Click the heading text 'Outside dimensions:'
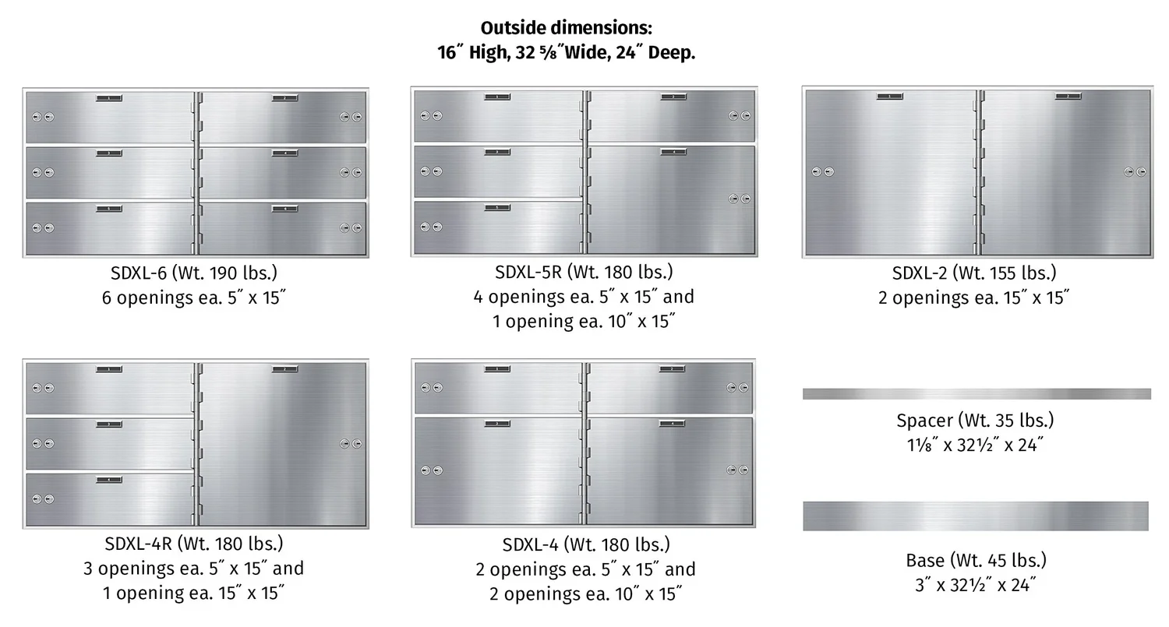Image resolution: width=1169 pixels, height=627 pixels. click(567, 27)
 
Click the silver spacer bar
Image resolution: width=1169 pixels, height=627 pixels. click(977, 394)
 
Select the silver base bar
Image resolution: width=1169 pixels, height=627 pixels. click(976, 516)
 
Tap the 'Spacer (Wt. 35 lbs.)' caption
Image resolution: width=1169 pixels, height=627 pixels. click(975, 421)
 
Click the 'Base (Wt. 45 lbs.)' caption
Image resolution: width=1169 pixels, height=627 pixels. click(976, 560)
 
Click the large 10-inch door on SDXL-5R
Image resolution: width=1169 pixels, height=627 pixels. click(671, 199)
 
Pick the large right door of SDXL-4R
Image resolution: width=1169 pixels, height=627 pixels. click(282, 444)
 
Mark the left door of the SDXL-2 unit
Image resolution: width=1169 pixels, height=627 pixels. click(890, 172)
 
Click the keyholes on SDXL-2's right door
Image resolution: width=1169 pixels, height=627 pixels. click(1135, 171)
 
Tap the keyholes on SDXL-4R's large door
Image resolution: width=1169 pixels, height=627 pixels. click(351, 444)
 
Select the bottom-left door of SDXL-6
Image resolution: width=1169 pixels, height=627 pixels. click(110, 228)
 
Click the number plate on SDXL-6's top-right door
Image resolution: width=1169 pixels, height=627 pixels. click(285, 98)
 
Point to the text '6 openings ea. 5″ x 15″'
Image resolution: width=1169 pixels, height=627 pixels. click(193, 298)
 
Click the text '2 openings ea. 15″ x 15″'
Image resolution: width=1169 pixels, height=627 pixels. click(974, 298)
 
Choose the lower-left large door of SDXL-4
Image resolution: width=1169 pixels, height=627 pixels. click(499, 470)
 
